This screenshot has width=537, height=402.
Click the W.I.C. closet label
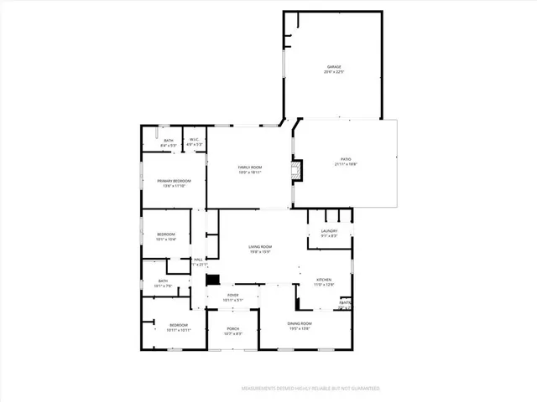coord(194,142)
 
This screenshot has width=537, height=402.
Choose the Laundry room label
coord(329,233)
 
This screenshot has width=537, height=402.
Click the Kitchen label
coord(324,281)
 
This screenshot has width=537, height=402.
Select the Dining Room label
coord(300,325)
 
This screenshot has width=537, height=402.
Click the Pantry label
coord(345,305)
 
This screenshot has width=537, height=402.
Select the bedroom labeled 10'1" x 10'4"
coord(165,236)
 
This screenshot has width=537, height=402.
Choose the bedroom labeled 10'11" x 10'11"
coord(178,327)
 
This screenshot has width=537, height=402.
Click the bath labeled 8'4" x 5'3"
coord(169,142)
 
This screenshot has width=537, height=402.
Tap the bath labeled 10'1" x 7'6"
coord(163,283)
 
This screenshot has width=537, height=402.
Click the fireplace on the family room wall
coord(295,171)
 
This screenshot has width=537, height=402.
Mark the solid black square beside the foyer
coord(213,281)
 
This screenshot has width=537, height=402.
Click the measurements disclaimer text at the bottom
coord(310,389)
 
